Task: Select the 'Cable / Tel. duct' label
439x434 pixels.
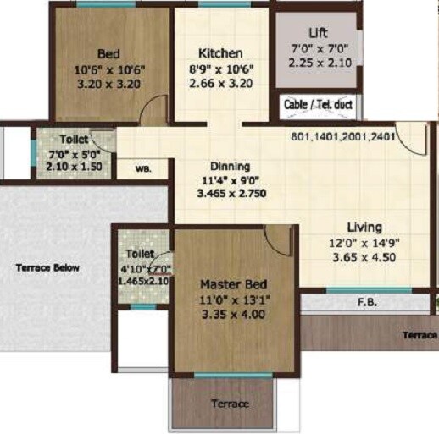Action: [x=318, y=105]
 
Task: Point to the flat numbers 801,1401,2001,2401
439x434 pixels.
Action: [x=343, y=136]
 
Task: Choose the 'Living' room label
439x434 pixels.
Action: [x=364, y=227]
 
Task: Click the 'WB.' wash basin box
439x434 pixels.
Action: [x=143, y=168]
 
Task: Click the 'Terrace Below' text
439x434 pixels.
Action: [x=47, y=268]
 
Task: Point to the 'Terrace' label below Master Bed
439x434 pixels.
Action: [x=231, y=404]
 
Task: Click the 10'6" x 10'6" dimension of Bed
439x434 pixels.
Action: [x=108, y=69]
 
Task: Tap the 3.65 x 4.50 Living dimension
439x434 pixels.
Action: [x=364, y=258]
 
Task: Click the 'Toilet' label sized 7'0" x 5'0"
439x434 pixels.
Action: [x=74, y=139]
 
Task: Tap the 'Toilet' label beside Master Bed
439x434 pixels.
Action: [x=139, y=253]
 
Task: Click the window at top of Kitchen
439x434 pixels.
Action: [x=224, y=5]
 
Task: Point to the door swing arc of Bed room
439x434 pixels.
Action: [x=154, y=107]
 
